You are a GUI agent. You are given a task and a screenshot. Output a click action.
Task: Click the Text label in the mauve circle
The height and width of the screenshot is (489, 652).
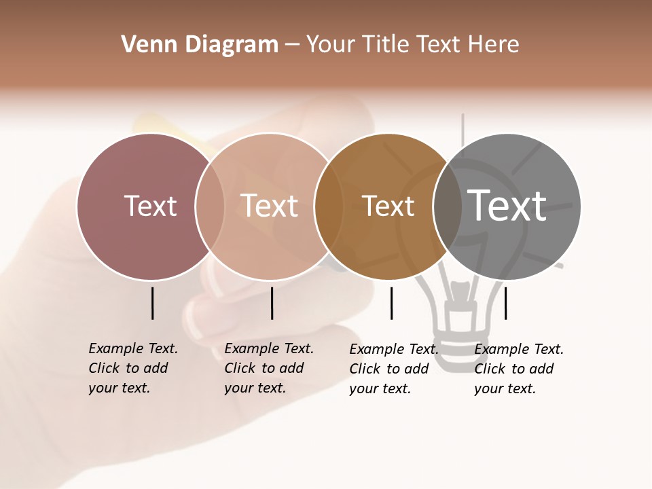point(150,206)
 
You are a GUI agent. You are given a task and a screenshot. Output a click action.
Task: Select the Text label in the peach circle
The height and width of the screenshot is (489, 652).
point(270,206)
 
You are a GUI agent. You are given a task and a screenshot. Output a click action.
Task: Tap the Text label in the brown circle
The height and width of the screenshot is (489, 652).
point(388,206)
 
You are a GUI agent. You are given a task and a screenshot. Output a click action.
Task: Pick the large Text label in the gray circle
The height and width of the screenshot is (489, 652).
point(507,206)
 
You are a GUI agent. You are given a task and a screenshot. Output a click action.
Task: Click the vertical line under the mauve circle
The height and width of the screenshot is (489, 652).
point(152,303)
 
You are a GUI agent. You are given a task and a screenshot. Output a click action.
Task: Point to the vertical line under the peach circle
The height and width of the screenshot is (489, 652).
point(272,303)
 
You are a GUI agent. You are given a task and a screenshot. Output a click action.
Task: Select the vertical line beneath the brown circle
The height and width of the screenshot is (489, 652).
point(391,303)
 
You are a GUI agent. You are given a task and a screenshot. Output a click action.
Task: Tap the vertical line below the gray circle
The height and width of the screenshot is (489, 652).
point(505,303)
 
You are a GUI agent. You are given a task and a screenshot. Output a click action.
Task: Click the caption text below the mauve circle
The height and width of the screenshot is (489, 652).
point(132,368)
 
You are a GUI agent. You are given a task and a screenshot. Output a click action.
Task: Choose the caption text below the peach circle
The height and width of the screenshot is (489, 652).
point(268,368)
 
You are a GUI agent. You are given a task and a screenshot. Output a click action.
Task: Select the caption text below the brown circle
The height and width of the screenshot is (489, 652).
point(393,369)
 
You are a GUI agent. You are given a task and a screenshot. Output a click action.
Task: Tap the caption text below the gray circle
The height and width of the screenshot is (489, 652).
point(518,369)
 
